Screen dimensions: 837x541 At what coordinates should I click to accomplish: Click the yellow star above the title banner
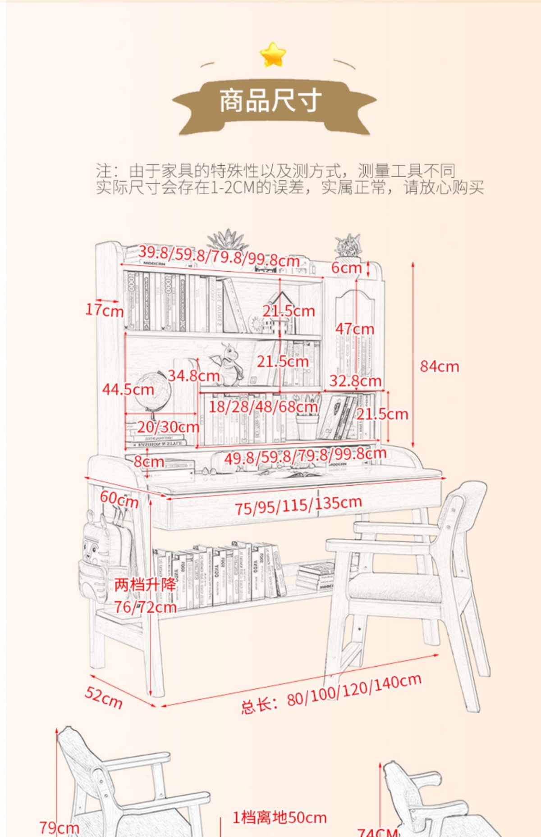pyautogui.click(x=273, y=55)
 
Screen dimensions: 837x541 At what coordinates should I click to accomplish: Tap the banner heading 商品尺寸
pyautogui.click(x=270, y=100)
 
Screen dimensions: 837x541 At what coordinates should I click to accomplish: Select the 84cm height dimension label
pyautogui.click(x=439, y=367)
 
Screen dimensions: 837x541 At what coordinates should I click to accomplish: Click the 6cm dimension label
pyautogui.click(x=346, y=268)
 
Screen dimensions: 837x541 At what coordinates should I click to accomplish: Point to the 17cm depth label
pyautogui.click(x=104, y=310)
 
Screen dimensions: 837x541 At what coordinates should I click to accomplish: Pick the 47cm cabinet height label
pyautogui.click(x=354, y=329)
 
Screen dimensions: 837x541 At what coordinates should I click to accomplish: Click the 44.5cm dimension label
pyautogui.click(x=128, y=390)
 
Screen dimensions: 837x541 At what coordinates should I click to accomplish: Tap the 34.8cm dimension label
pyautogui.click(x=194, y=375)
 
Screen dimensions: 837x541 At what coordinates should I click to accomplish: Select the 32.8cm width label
pyautogui.click(x=355, y=381)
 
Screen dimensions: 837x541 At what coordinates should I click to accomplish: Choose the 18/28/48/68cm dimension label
pyautogui.click(x=263, y=407)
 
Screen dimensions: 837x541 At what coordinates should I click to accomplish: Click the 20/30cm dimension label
pyautogui.click(x=168, y=427)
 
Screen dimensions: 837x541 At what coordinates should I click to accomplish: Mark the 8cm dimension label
pyautogui.click(x=149, y=462)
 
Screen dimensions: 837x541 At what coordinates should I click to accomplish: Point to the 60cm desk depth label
pyautogui.click(x=119, y=499)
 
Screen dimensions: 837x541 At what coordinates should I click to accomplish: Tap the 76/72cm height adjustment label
pyautogui.click(x=145, y=607)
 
